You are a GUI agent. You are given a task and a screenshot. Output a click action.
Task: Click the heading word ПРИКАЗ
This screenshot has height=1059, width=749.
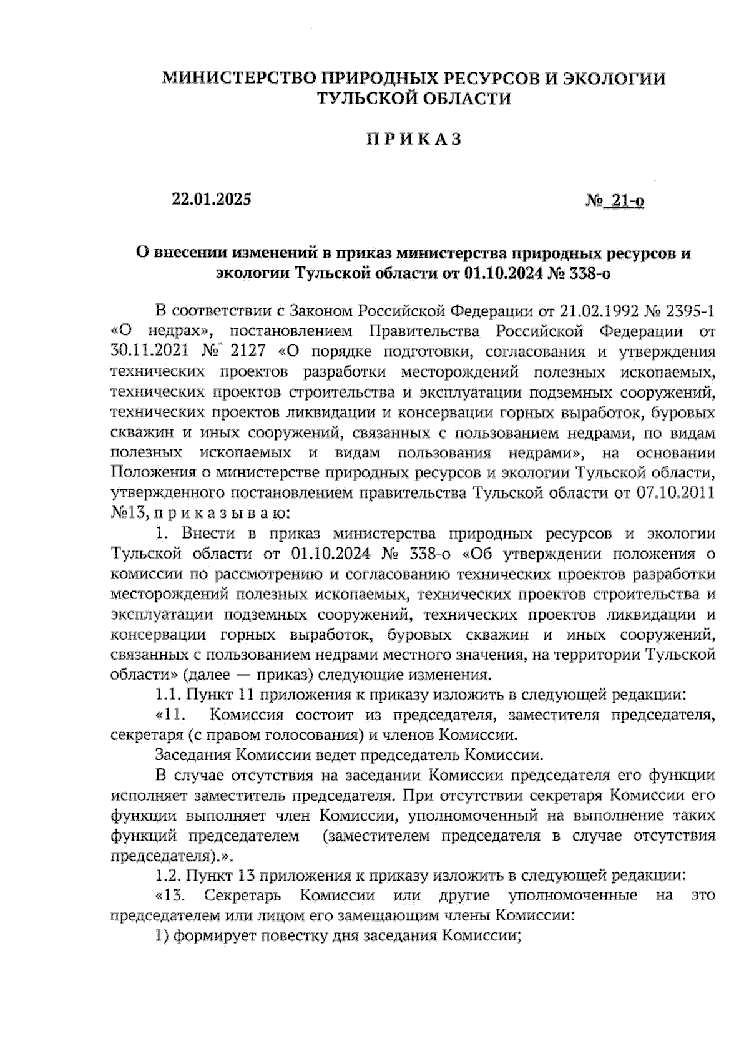413,139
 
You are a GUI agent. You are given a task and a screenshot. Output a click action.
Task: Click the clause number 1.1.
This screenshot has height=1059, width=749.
167,694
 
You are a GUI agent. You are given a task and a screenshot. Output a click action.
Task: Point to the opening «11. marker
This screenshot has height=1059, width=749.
171,714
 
